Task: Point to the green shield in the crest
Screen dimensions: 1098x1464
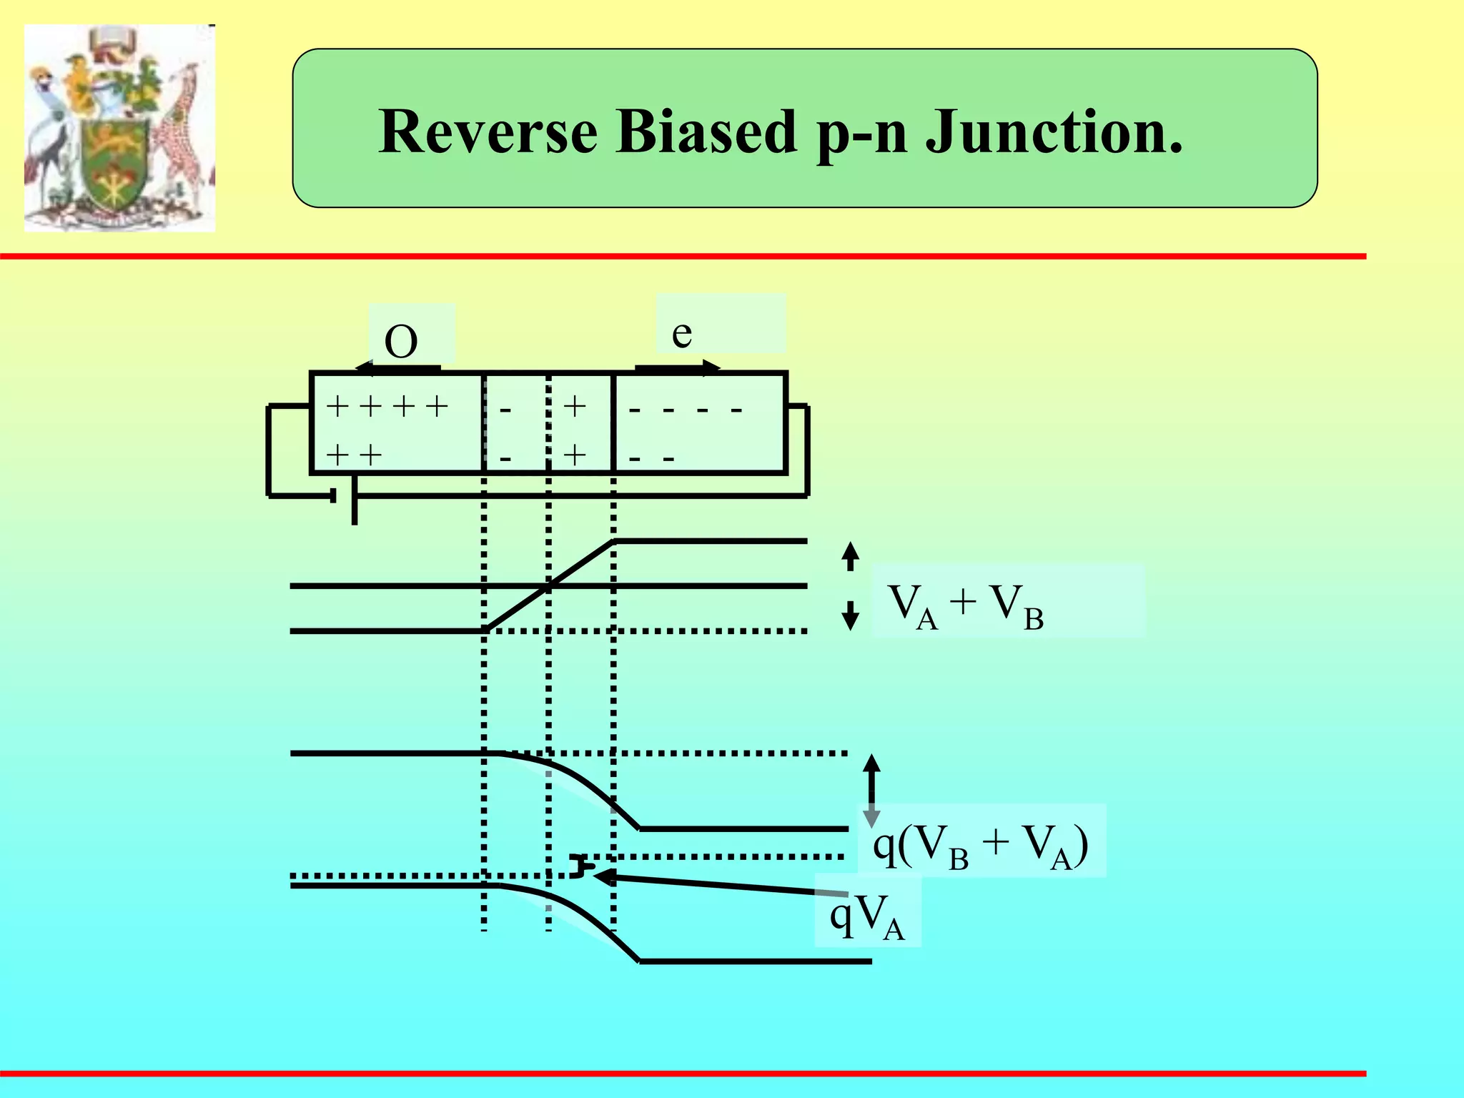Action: [x=114, y=164]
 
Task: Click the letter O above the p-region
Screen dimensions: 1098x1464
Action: [x=401, y=342]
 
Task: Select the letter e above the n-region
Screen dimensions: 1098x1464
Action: [x=682, y=333]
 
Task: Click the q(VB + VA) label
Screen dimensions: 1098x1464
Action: [x=980, y=845]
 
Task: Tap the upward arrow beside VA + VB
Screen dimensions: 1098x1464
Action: [x=850, y=556]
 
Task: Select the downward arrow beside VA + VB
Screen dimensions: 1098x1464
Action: [x=850, y=615]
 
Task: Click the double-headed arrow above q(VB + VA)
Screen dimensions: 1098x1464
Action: [x=871, y=791]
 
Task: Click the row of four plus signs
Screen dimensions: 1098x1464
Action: [x=387, y=407]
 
